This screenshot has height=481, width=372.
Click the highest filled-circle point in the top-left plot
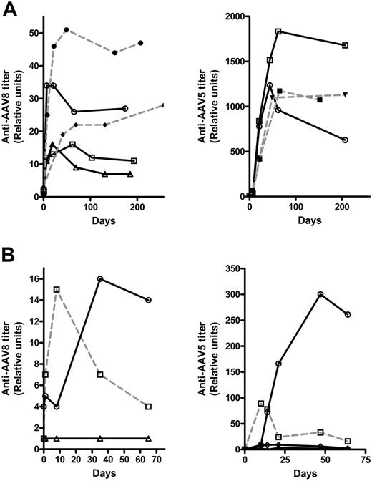pyautogui.click(x=67, y=30)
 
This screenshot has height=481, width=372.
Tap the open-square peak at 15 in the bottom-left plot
pyautogui.click(x=56, y=289)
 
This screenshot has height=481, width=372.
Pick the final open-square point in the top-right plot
pyautogui.click(x=346, y=45)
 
